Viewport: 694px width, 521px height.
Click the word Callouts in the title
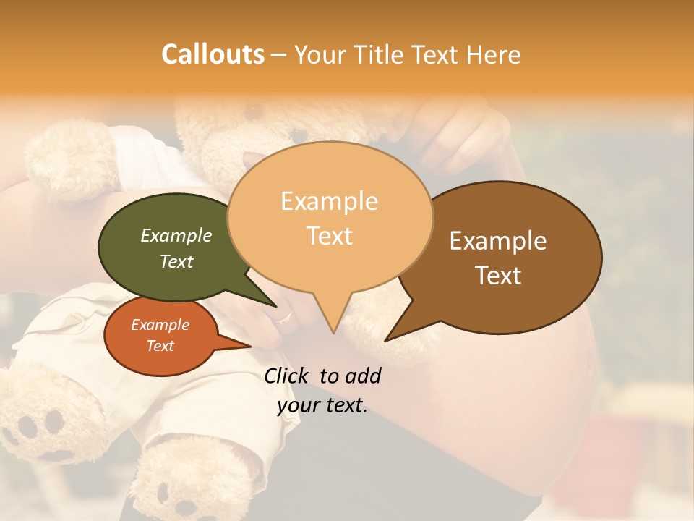click(x=213, y=54)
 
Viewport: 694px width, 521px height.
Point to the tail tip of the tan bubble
click(x=333, y=331)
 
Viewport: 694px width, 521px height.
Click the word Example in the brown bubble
click(x=498, y=241)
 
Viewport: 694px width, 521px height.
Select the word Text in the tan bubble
click(x=330, y=236)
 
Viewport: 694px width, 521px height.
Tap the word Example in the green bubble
click(x=176, y=235)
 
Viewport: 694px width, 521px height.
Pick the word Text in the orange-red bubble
click(x=160, y=346)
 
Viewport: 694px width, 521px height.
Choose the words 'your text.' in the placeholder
click(x=322, y=405)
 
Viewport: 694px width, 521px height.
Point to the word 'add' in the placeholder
click(x=362, y=376)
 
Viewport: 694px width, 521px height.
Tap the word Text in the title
click(x=438, y=54)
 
